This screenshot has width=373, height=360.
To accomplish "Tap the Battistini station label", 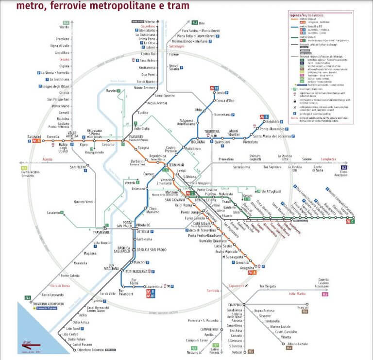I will click(x=34, y=137).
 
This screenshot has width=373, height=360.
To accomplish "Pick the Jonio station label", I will click(x=222, y=93).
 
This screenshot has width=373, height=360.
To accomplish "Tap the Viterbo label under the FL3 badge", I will click(x=64, y=28).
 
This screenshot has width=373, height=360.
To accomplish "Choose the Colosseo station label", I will click(x=138, y=189).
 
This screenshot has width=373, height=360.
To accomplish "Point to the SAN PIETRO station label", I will click(x=78, y=167).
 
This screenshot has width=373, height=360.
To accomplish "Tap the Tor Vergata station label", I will click(x=270, y=286).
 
